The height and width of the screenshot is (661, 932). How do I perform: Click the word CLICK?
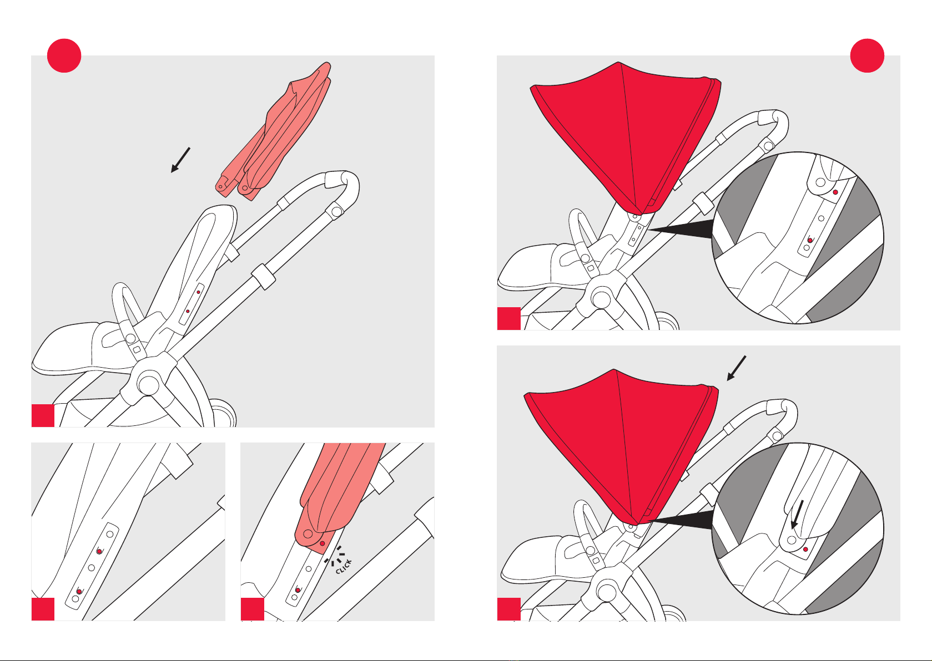coord(344,567)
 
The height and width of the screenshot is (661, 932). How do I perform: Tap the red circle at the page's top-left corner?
coord(64,55)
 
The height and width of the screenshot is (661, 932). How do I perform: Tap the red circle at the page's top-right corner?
coord(867,55)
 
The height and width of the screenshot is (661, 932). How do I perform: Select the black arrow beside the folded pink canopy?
coord(180,160)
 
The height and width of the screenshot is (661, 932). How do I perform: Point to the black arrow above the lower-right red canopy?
coord(737,368)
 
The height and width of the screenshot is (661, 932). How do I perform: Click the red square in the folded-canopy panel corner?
coord(43,415)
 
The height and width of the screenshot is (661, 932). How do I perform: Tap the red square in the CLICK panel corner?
coord(253,609)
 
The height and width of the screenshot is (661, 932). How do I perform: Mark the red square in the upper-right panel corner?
coord(509,318)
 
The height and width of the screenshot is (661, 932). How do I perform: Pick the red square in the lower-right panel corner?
coord(509,609)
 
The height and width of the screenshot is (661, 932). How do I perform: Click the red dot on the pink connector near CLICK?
coord(323,543)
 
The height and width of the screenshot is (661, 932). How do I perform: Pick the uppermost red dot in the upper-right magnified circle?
coord(835,192)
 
